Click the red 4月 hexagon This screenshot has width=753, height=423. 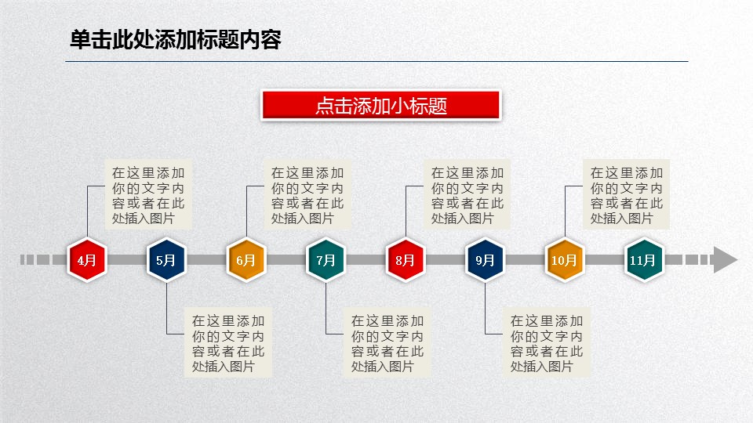[87, 260]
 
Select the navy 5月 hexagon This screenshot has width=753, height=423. [166, 260]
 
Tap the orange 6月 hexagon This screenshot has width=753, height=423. [246, 260]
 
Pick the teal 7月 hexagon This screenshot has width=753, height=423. [326, 260]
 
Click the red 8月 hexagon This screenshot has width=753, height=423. [406, 260]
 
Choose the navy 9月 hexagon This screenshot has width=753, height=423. [485, 260]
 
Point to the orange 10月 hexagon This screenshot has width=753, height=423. [564, 260]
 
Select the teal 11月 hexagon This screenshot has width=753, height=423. [644, 260]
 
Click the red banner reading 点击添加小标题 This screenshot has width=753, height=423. [381, 105]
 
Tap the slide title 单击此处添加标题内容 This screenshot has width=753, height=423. [175, 39]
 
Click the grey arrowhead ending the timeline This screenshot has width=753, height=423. [725, 260]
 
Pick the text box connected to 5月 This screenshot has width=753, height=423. [228, 343]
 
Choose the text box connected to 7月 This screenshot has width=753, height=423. [387, 343]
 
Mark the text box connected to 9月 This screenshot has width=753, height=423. [547, 343]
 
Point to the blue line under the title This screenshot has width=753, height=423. [376, 61]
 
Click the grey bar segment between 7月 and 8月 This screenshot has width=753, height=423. [366, 260]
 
